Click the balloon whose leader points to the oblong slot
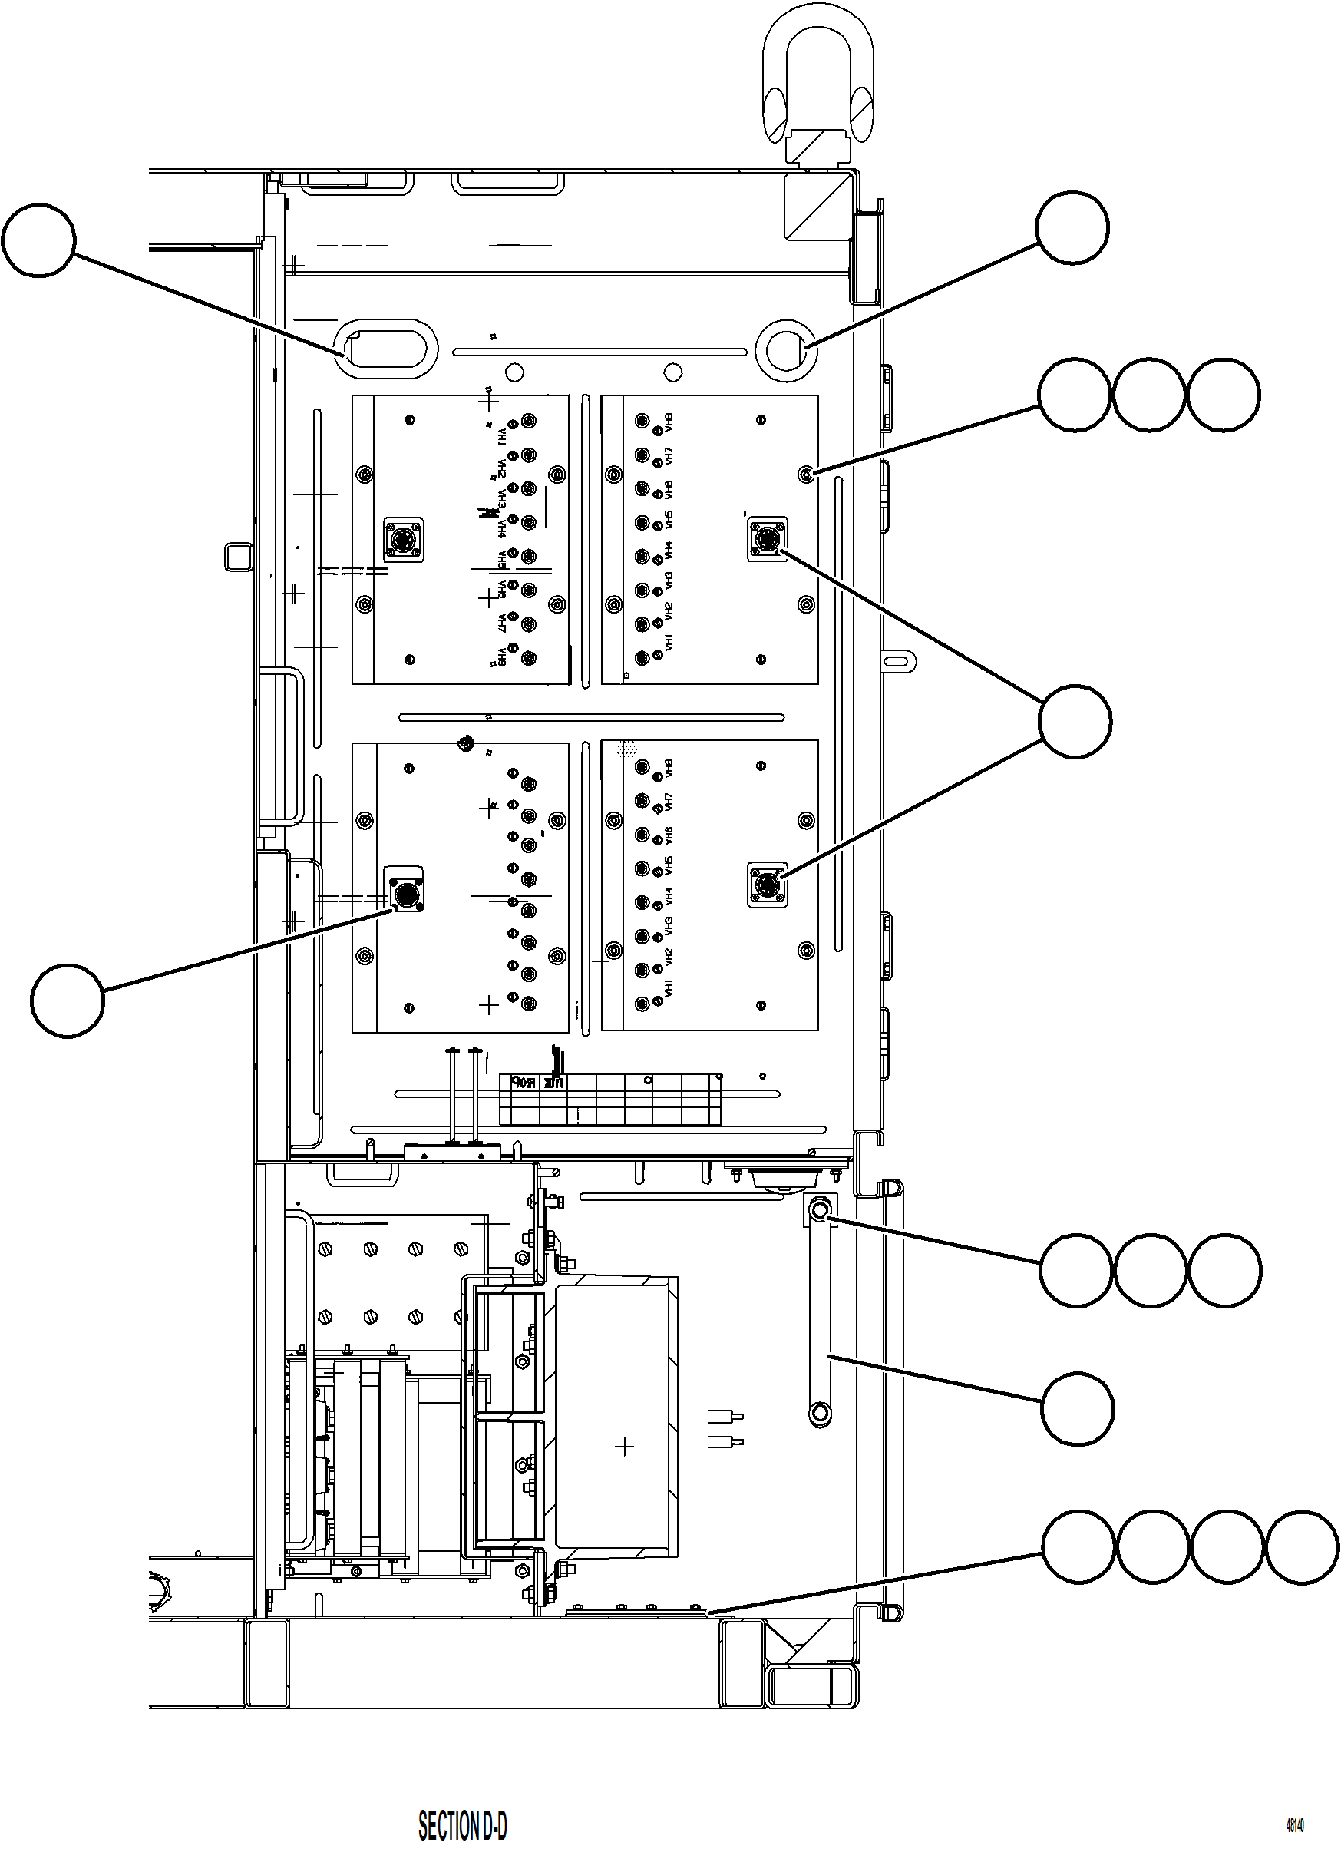point(38,241)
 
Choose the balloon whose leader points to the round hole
point(1072,228)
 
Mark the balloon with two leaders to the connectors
point(1075,722)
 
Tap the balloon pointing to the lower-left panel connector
point(68,1001)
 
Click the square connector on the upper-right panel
point(767,538)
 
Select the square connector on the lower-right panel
point(767,885)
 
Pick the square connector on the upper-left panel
point(404,539)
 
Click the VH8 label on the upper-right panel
point(669,423)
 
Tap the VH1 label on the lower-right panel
point(669,990)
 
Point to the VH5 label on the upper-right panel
point(669,520)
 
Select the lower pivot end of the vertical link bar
point(819,1411)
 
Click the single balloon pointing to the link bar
point(1077,1409)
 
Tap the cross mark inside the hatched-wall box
point(624,1447)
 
